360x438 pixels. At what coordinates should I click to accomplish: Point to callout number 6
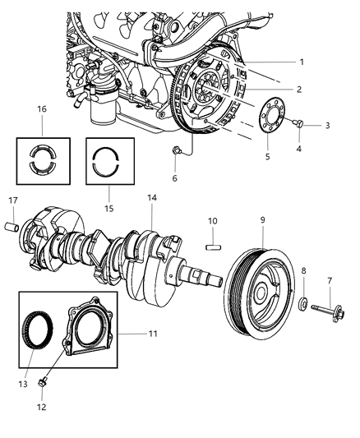click(173, 177)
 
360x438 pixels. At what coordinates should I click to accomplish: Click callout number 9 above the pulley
click(262, 219)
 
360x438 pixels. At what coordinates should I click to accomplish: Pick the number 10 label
click(211, 221)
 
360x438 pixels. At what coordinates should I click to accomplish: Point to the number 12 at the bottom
click(43, 405)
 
